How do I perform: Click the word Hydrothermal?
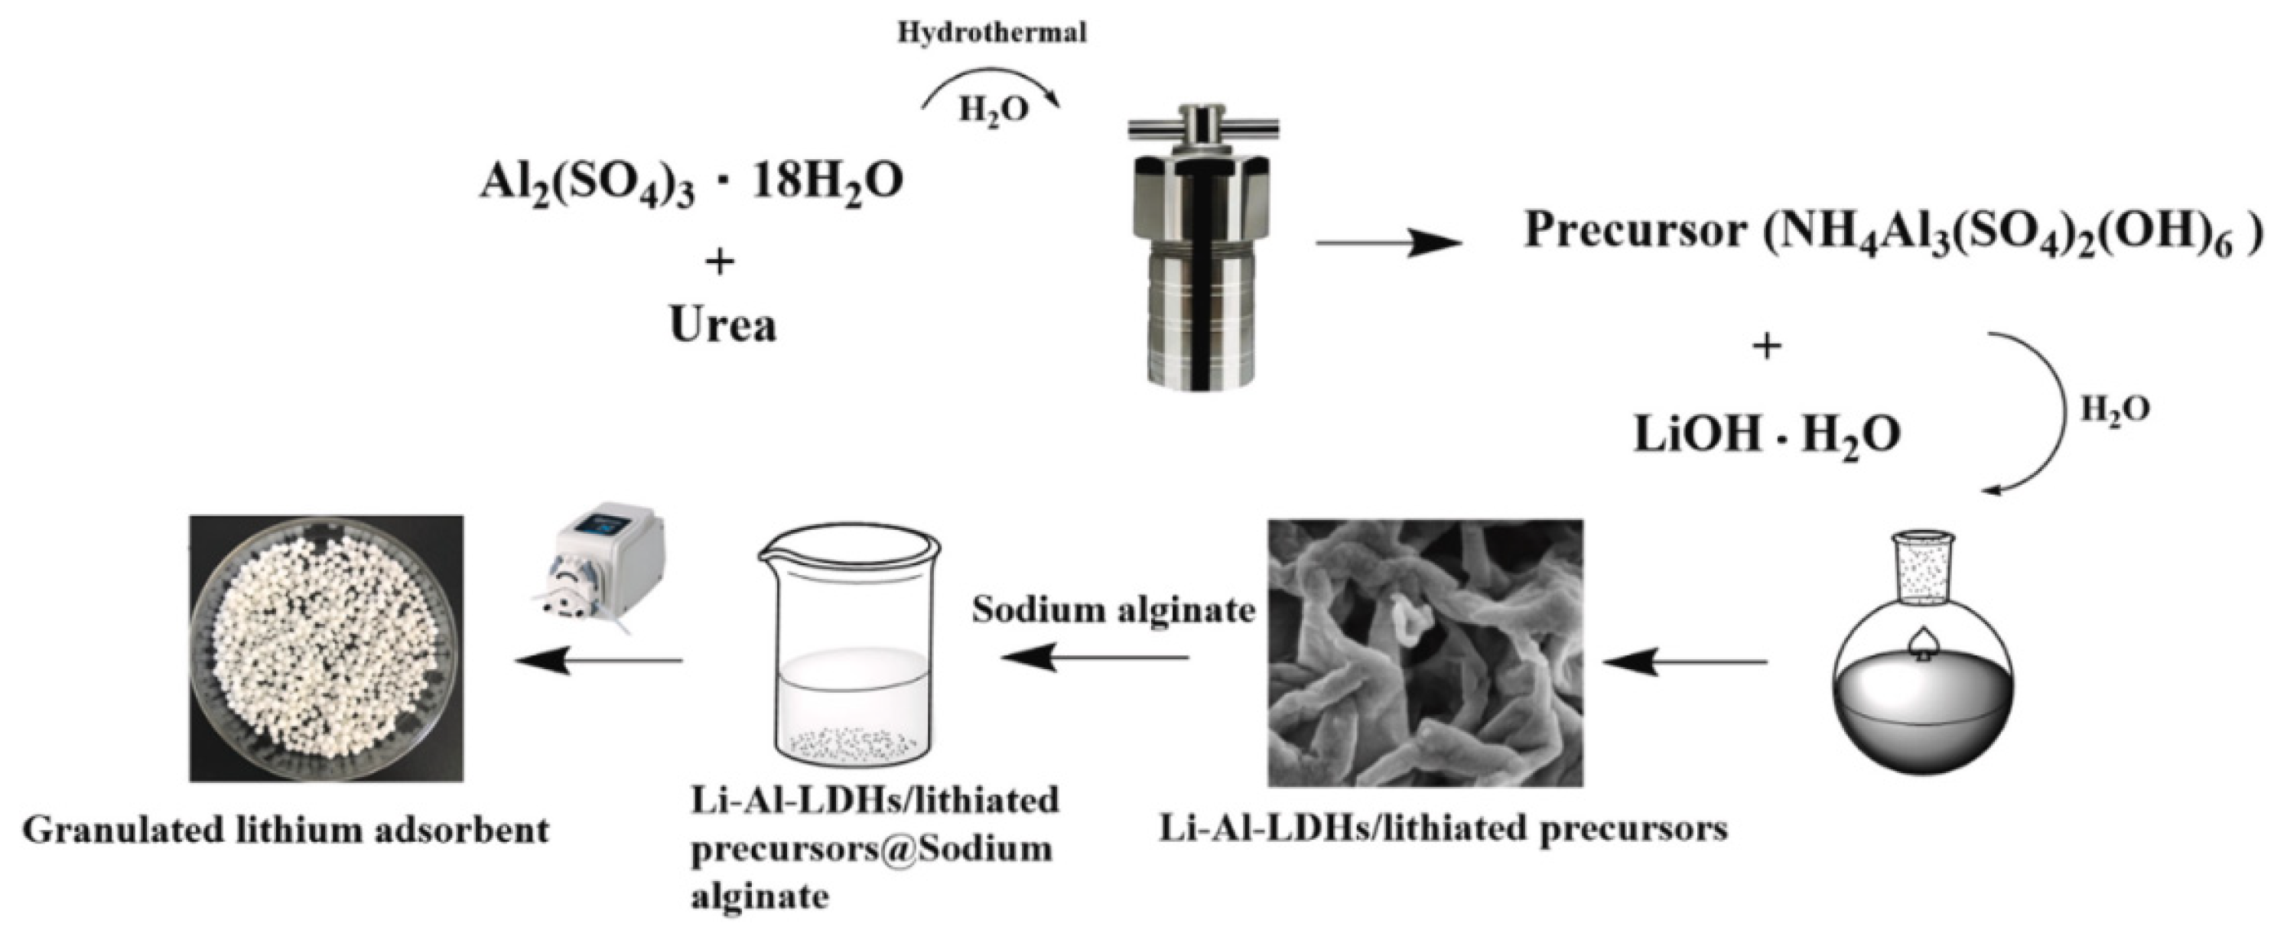[x=991, y=34]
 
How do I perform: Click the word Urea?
[x=723, y=325]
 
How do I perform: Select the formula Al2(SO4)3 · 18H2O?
[x=691, y=183]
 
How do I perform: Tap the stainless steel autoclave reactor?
[x=1202, y=265]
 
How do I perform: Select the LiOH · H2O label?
[x=1766, y=434]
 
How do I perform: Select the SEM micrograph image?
[x=1425, y=652]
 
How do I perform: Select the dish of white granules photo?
[x=327, y=649]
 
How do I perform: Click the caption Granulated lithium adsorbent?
[x=285, y=831]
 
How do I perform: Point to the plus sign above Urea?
[x=721, y=262]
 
